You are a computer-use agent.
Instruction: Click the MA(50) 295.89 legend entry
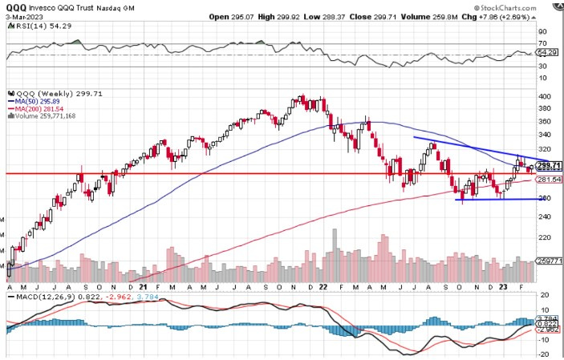point(39,101)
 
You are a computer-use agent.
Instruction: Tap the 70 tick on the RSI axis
point(543,43)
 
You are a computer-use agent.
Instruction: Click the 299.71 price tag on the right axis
point(548,165)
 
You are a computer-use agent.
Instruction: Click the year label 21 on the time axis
point(143,286)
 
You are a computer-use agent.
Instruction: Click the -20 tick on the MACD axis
point(544,353)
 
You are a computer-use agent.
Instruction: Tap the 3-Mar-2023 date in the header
point(25,16)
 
